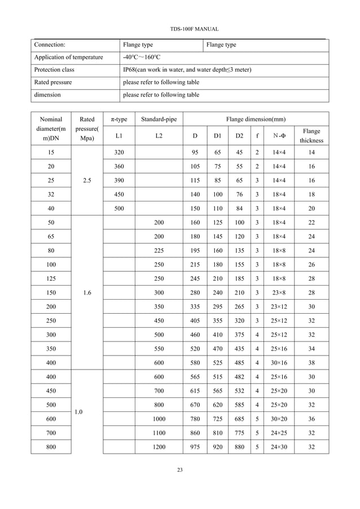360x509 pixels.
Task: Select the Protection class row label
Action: coord(54,70)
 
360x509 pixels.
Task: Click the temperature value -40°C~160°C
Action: coord(142,58)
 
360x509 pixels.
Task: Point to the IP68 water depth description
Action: coord(187,70)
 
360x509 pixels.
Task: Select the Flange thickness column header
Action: coord(311,136)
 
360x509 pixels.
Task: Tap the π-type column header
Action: coord(118,120)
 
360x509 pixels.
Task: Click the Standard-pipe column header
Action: coord(159,120)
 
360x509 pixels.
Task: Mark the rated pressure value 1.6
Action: coord(87,293)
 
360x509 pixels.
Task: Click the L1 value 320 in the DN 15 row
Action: coord(118,152)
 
